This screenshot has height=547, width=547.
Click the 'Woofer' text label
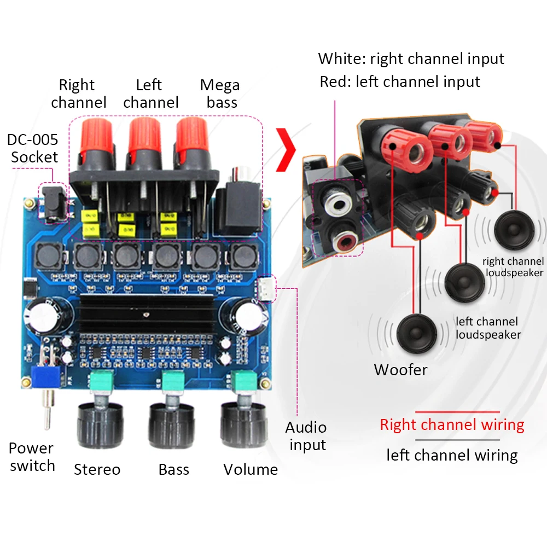(x=400, y=370)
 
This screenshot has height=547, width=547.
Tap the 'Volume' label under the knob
(x=251, y=469)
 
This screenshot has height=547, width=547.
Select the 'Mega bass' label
(x=220, y=94)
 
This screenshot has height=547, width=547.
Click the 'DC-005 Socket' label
(x=32, y=148)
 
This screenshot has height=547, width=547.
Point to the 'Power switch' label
(x=32, y=457)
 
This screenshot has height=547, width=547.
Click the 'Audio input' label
(x=307, y=436)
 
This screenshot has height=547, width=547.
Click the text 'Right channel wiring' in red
(x=452, y=424)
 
